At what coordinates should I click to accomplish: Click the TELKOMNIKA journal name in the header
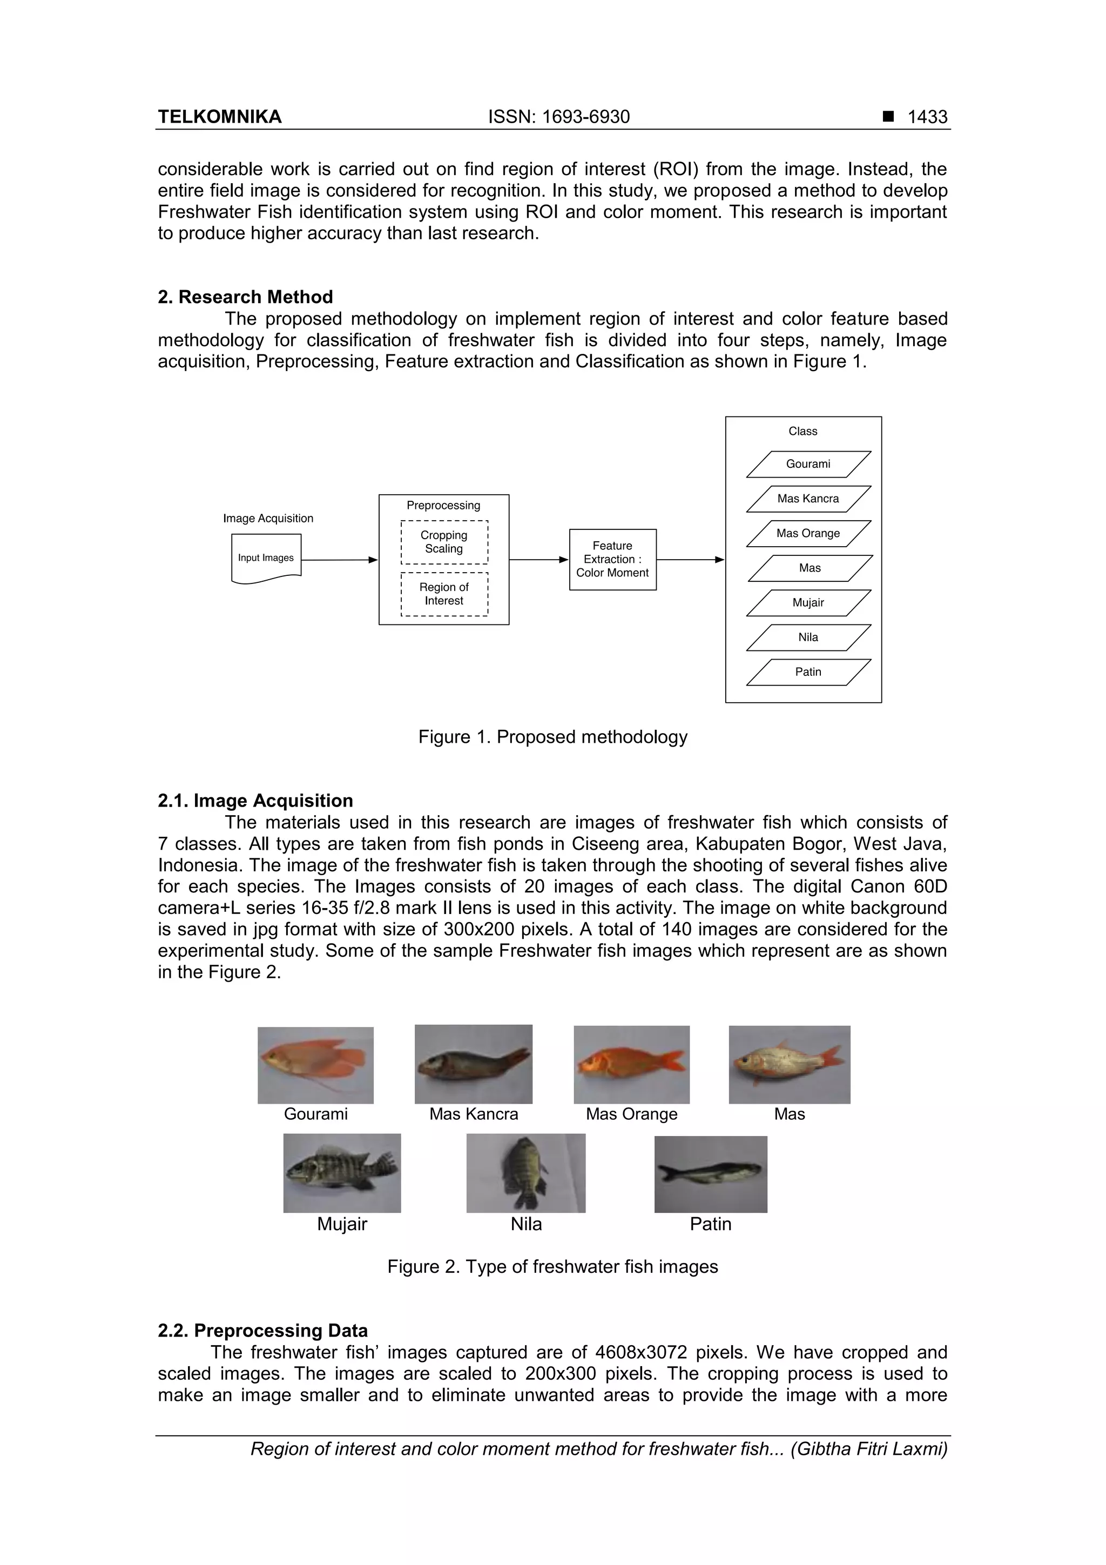[219, 117]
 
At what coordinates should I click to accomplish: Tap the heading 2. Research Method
[245, 297]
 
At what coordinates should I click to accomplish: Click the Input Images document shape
[266, 558]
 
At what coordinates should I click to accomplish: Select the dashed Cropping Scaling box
[444, 542]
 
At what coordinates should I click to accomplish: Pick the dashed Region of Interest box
[444, 594]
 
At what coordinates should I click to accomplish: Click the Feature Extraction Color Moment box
[612, 560]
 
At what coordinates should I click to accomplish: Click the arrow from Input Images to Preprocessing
[339, 560]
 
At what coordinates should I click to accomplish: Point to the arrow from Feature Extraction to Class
[690, 560]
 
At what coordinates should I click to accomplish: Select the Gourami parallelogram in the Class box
[808, 464]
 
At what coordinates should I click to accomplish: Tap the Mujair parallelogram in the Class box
[808, 602]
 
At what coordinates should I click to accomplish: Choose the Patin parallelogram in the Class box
[808, 672]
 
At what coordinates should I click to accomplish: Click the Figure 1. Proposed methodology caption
[552, 737]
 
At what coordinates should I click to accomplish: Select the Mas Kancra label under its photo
[474, 1114]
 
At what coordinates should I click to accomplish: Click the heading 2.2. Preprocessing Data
[262, 1331]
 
